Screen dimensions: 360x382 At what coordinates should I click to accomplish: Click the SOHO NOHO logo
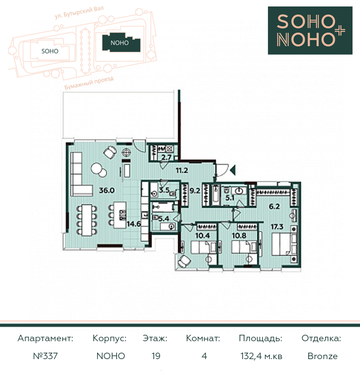coord(310,30)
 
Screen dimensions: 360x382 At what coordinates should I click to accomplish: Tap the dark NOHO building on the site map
coord(121,43)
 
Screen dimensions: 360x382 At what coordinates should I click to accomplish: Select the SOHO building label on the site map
coord(50,51)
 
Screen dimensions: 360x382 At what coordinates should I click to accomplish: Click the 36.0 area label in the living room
coord(107,191)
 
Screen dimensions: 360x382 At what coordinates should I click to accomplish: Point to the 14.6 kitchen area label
coord(133,224)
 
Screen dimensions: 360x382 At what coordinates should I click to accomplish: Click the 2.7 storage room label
coord(166,157)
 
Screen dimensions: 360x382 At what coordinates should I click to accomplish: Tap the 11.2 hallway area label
coord(182,170)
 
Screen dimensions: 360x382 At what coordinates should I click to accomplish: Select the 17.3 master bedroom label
coord(277,227)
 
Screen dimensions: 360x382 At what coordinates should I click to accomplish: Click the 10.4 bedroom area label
coord(203,236)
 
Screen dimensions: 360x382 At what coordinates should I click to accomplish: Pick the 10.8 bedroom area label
coord(239,236)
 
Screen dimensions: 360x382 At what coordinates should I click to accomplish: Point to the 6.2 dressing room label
coord(274,206)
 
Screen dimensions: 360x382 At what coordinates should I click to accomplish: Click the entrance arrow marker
coord(233,170)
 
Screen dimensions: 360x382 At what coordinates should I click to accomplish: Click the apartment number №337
coord(45,356)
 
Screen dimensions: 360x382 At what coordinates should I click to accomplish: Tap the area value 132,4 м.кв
coord(261,356)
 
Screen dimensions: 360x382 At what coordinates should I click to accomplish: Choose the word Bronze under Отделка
coord(323,356)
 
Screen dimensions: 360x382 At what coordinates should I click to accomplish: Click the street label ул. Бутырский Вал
coord(79,12)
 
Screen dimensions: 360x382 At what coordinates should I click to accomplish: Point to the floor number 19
coord(156,356)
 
